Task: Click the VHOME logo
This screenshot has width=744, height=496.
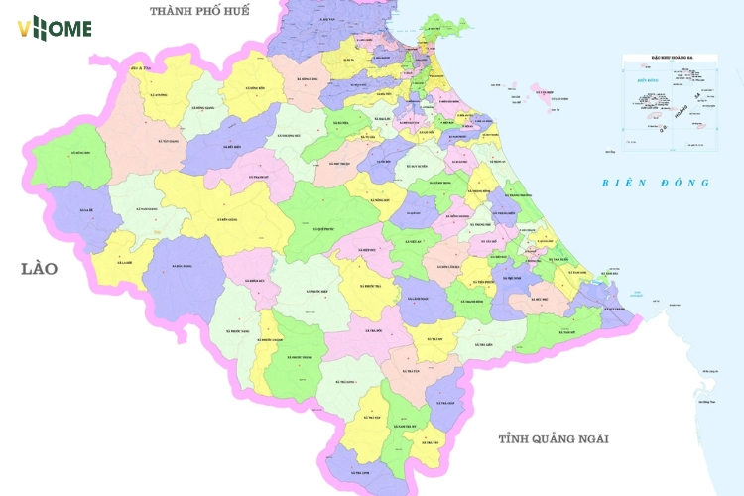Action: pyautogui.click(x=54, y=28)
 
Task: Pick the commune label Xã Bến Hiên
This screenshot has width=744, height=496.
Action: pyautogui.click(x=234, y=146)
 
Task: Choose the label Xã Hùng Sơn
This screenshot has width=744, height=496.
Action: pyautogui.click(x=80, y=153)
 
